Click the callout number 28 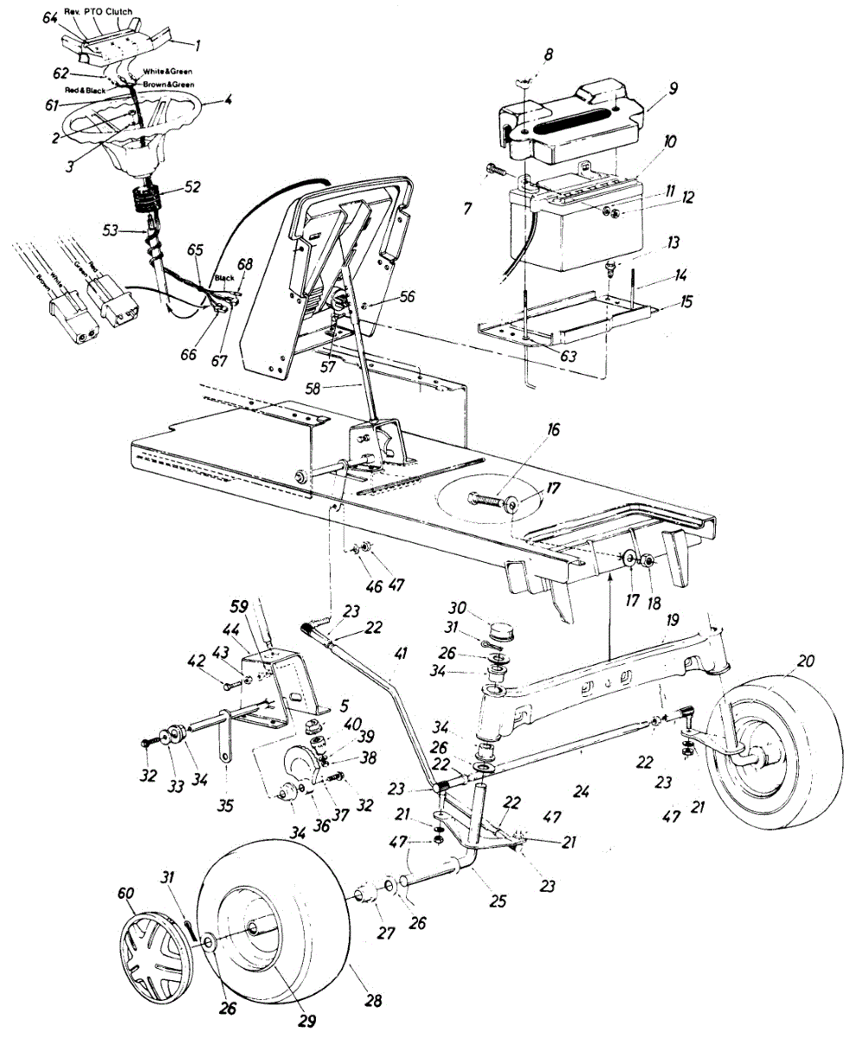pyautogui.click(x=373, y=1001)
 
